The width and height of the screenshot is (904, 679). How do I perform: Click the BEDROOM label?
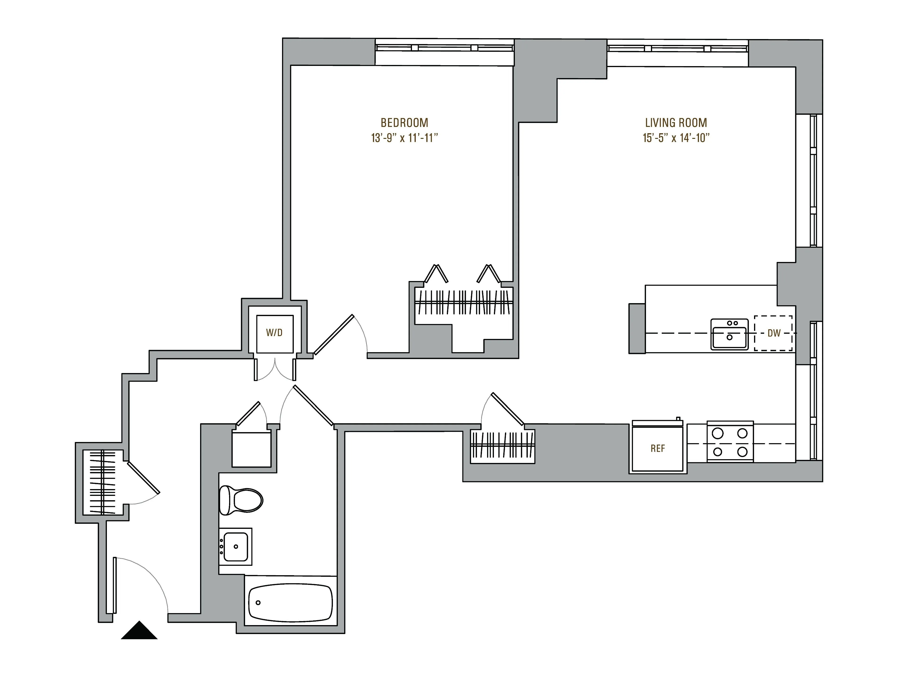[404, 123]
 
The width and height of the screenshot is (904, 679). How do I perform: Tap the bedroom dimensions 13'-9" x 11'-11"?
[404, 138]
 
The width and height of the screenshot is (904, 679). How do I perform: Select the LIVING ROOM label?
[676, 123]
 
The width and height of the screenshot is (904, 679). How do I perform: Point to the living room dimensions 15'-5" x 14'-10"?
[676, 138]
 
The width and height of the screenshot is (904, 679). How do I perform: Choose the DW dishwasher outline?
[773, 333]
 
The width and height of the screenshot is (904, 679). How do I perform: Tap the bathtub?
[290, 603]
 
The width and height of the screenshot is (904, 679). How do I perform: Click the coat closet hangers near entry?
[103, 482]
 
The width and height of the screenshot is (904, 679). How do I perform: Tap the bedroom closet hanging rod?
[464, 302]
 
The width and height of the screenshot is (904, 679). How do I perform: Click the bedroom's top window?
[444, 48]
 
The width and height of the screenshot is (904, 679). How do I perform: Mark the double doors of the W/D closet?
[275, 370]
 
